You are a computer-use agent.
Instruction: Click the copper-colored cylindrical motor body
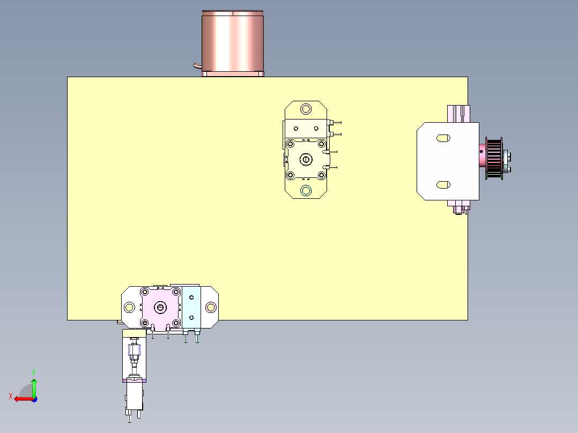pyautogui.click(x=233, y=42)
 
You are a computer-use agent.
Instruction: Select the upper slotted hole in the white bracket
pyautogui.click(x=443, y=138)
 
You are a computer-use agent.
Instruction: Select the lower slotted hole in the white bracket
pyautogui.click(x=443, y=184)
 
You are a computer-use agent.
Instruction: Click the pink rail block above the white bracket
pyautogui.click(x=458, y=114)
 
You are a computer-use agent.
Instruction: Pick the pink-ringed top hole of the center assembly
pyautogui.click(x=306, y=109)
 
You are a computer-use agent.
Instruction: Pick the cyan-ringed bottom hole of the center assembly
pyautogui.click(x=306, y=190)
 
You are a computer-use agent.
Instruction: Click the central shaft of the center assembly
pyautogui.click(x=306, y=159)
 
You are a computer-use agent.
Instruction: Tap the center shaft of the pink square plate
pyautogui.click(x=160, y=307)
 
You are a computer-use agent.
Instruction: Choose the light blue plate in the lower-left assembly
pyautogui.click(x=191, y=307)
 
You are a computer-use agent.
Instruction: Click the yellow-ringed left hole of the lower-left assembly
pyautogui.click(x=129, y=307)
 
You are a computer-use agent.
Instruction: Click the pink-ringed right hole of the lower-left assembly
pyautogui.click(x=210, y=307)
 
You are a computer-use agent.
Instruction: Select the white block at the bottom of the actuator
pyautogui.click(x=134, y=397)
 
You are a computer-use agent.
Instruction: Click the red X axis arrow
pyautogui.click(x=21, y=399)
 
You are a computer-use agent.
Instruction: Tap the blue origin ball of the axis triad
pyautogui.click(x=34, y=399)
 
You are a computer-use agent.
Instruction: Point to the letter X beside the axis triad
pyautogui.click(x=10, y=396)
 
